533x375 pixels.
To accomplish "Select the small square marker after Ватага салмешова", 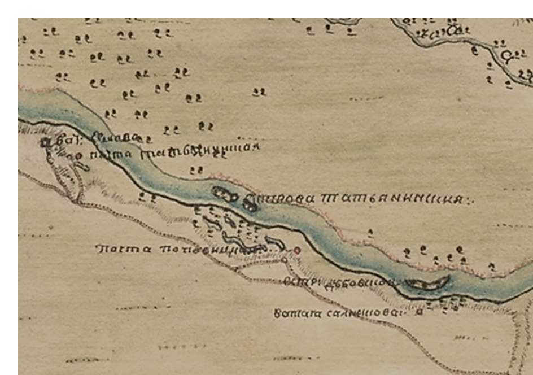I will click(x=418, y=311).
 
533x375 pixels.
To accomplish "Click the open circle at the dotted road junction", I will click(x=285, y=260).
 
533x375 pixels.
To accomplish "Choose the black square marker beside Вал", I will click(x=46, y=141).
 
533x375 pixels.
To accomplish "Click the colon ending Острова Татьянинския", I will click(x=473, y=200).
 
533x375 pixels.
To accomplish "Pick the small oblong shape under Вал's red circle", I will click(x=81, y=166).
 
